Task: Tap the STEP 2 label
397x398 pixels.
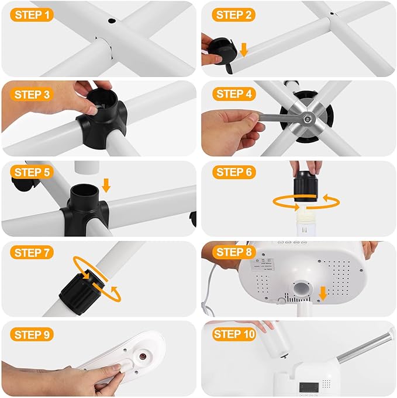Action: point(234,14)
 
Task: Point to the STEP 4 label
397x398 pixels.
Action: point(234,94)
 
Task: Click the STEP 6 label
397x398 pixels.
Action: point(234,172)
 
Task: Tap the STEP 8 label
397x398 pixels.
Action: point(234,252)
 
